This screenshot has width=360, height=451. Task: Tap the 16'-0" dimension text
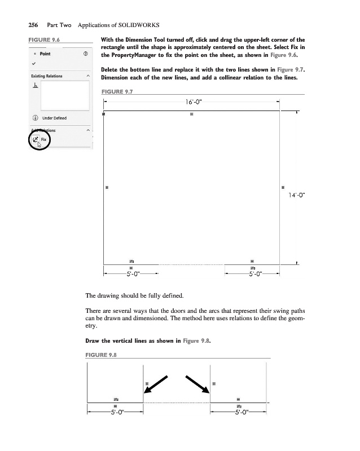coord(192,102)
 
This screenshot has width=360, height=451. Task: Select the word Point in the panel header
coord(46,54)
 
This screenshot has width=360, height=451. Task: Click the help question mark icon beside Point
coord(85,55)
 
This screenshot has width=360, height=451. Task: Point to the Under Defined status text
coord(54,118)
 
